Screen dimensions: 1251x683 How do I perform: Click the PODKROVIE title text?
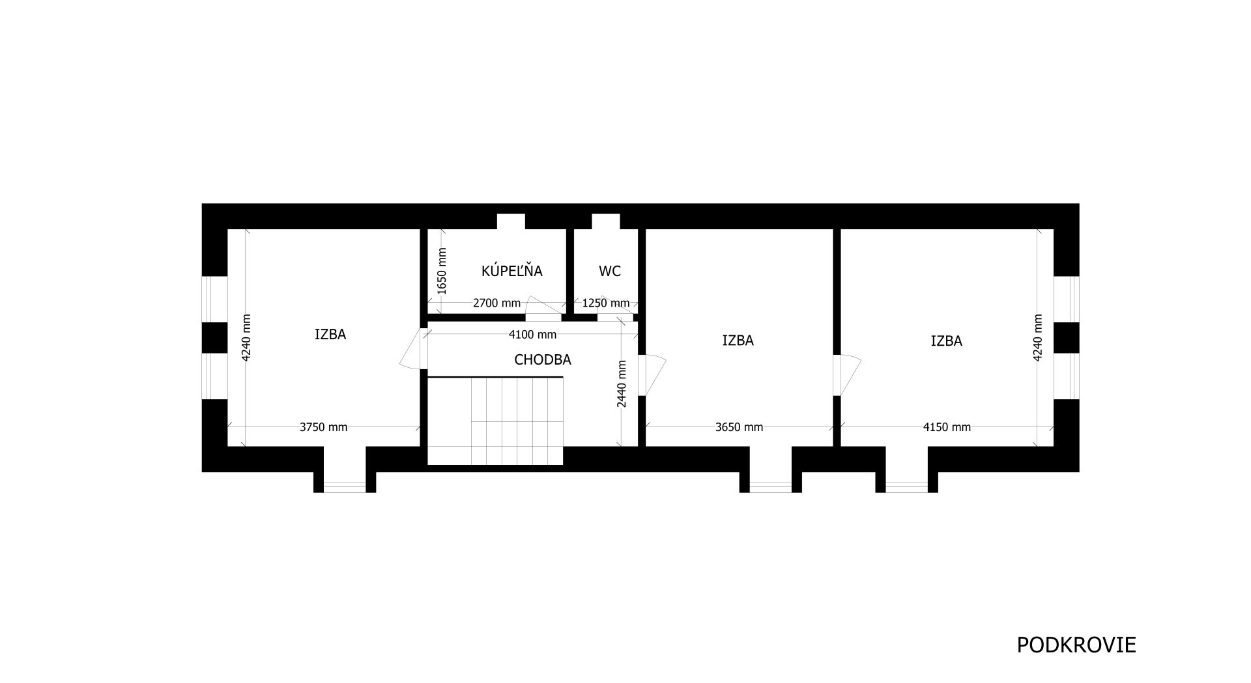pos(1076,645)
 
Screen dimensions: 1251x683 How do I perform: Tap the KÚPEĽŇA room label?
pos(511,271)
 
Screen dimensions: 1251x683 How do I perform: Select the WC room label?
pos(609,272)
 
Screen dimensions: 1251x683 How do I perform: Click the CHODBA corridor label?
pos(543,359)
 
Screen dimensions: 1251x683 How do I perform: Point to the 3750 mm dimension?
pos(323,427)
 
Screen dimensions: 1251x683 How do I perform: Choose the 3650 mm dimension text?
pos(739,427)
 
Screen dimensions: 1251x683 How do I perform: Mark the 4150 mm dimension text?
pos(947,427)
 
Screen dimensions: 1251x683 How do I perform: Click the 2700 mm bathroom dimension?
pos(496,303)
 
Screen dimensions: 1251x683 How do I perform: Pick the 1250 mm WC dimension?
pos(606,303)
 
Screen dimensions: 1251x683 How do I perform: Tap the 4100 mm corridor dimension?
pos(532,335)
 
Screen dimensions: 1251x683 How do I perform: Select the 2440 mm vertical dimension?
pos(622,384)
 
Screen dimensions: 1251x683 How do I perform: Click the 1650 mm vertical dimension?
pos(442,272)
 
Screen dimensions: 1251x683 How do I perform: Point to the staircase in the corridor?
pos(495,421)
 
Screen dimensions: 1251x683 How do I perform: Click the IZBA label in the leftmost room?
pos(330,335)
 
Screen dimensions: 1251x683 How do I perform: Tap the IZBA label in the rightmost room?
pos(946,341)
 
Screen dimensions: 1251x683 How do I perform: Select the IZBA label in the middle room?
pos(738,341)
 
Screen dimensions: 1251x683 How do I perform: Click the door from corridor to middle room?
pos(654,374)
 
